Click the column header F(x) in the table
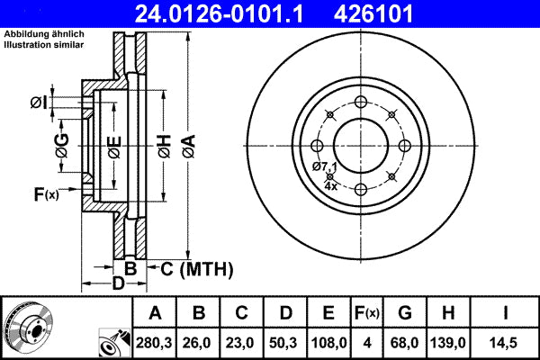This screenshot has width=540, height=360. tap(367, 313)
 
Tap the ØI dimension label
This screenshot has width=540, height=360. tap(38, 102)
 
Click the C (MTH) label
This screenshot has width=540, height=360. tap(196, 268)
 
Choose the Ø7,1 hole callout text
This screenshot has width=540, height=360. tap(325, 167)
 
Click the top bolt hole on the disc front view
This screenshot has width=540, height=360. tap(360, 102)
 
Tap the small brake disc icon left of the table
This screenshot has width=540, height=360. tap(30, 327)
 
